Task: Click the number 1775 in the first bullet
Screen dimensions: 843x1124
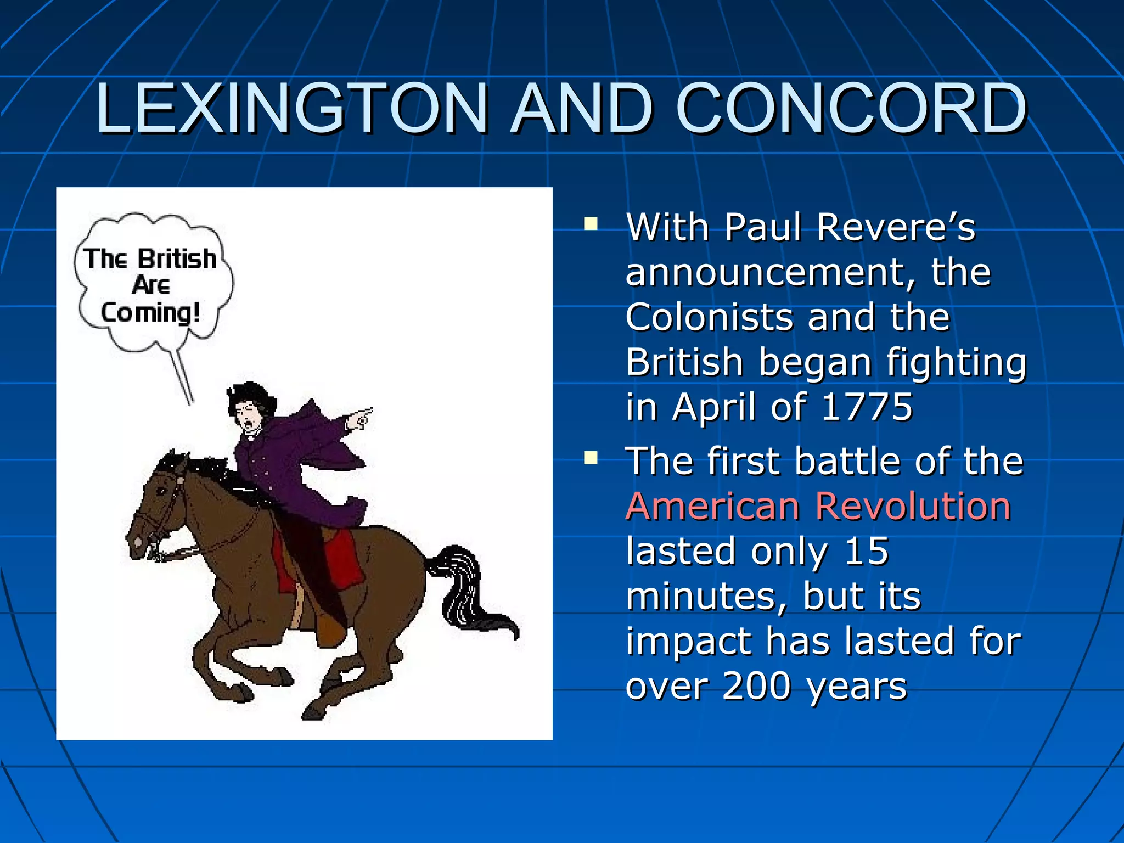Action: click(x=867, y=407)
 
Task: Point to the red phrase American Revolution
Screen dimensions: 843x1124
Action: click(x=818, y=506)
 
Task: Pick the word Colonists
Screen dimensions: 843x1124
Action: click(x=711, y=317)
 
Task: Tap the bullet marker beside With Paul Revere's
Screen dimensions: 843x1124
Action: click(x=591, y=223)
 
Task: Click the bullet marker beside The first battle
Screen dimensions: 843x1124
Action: click(x=591, y=457)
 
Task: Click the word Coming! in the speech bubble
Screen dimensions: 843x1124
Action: click(x=150, y=313)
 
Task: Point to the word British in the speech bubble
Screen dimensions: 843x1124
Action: click(x=177, y=259)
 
